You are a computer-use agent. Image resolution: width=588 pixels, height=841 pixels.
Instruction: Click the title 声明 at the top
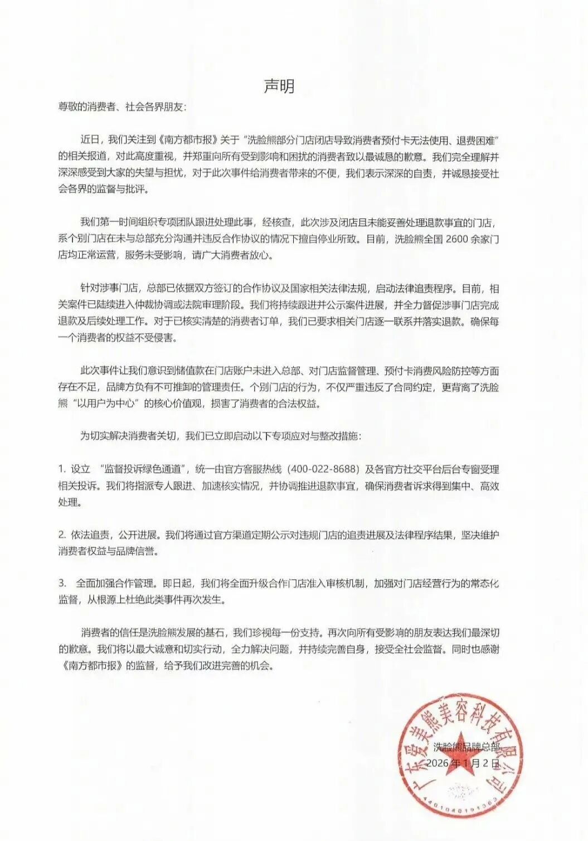tap(279, 86)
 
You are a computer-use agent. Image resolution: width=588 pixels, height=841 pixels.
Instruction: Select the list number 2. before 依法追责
tap(62, 534)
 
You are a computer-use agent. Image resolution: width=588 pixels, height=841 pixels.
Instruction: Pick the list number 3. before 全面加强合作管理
tap(62, 583)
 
